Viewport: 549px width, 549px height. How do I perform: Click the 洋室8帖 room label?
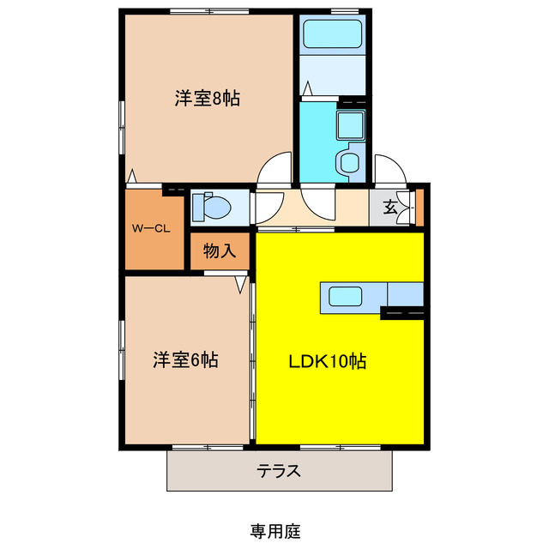[207, 99]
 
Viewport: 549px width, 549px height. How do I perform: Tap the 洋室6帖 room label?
[185, 359]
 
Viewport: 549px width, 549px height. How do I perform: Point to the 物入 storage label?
[219, 251]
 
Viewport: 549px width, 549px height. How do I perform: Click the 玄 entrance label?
[389, 207]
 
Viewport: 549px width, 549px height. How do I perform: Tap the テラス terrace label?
[279, 471]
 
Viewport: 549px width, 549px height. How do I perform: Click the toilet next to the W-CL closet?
[210, 207]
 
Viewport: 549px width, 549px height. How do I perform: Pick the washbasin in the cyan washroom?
[350, 125]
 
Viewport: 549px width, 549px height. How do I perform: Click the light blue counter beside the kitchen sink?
[404, 293]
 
